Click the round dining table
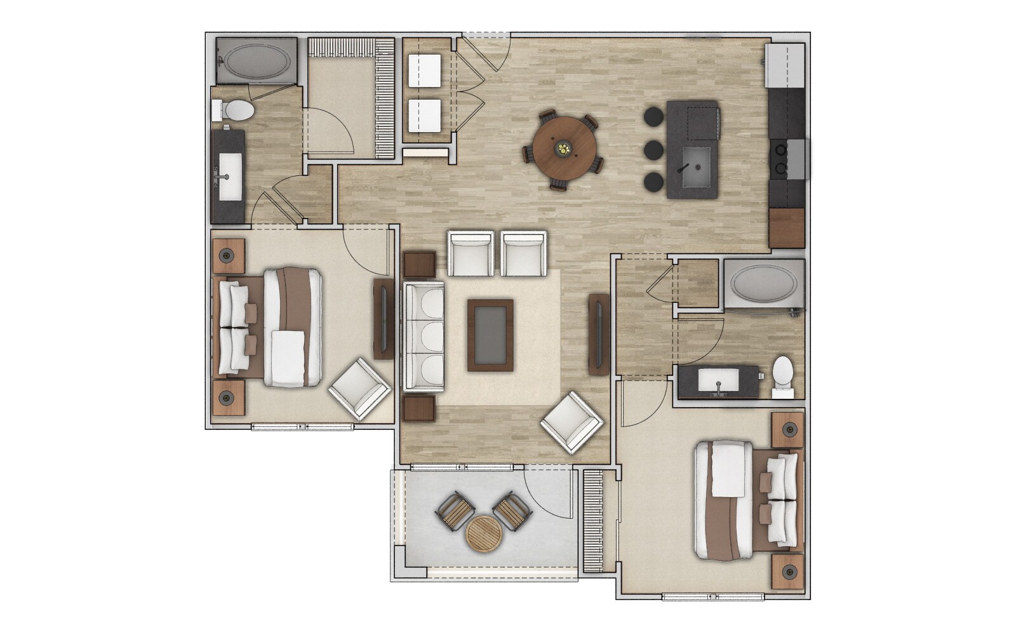565,150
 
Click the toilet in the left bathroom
236,111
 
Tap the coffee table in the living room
490,335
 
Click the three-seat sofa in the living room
424,337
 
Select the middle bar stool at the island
653,150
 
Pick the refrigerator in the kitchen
785,65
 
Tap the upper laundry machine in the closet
425,70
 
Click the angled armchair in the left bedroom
359,389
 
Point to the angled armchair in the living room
571,422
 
